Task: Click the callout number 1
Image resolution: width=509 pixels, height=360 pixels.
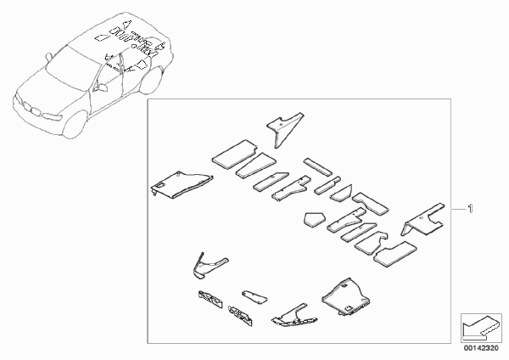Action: tap(470, 209)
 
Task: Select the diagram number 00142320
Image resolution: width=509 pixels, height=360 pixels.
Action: tap(481, 348)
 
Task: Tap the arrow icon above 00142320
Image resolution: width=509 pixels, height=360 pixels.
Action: tap(481, 328)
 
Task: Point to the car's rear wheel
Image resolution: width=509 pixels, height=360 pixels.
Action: tap(151, 81)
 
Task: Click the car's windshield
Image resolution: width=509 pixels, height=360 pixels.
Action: tap(72, 67)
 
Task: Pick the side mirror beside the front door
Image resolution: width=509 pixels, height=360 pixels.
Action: tap(103, 87)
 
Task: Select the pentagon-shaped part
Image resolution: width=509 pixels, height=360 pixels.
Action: tap(314, 219)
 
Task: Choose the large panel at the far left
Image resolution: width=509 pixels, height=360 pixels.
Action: tap(182, 184)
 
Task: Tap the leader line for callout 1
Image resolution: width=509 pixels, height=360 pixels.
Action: tap(458, 209)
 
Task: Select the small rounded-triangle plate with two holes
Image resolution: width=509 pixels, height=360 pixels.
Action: tap(255, 298)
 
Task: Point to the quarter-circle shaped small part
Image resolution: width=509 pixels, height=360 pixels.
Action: tap(342, 193)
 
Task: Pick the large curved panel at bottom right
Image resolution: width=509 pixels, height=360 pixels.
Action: tap(346, 296)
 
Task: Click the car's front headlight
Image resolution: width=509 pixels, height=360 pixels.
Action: tap(52, 116)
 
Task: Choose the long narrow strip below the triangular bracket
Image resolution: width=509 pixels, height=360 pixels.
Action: tap(318, 166)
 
